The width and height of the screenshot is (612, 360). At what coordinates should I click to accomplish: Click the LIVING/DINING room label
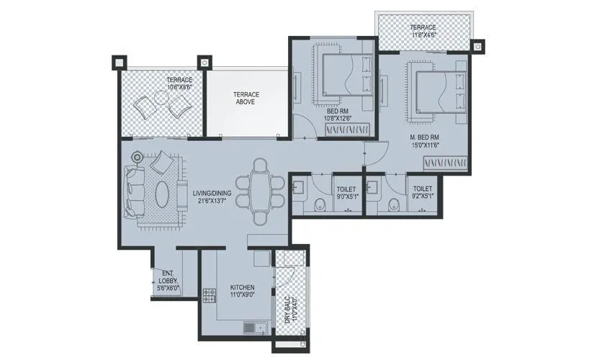pyautogui.click(x=212, y=192)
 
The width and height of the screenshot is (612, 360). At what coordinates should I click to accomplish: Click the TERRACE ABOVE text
pyautogui.click(x=246, y=99)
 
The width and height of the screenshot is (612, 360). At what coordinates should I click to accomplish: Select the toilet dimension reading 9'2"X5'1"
pyautogui.click(x=423, y=195)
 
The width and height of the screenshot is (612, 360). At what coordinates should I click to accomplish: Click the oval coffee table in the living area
pyautogui.click(x=163, y=193)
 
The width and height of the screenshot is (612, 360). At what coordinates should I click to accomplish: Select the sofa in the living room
pyautogui.click(x=132, y=191)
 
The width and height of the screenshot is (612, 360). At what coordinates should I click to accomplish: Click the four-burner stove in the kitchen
pyautogui.click(x=210, y=294)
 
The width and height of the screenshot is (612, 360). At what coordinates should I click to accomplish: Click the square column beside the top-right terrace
pyautogui.click(x=477, y=46)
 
